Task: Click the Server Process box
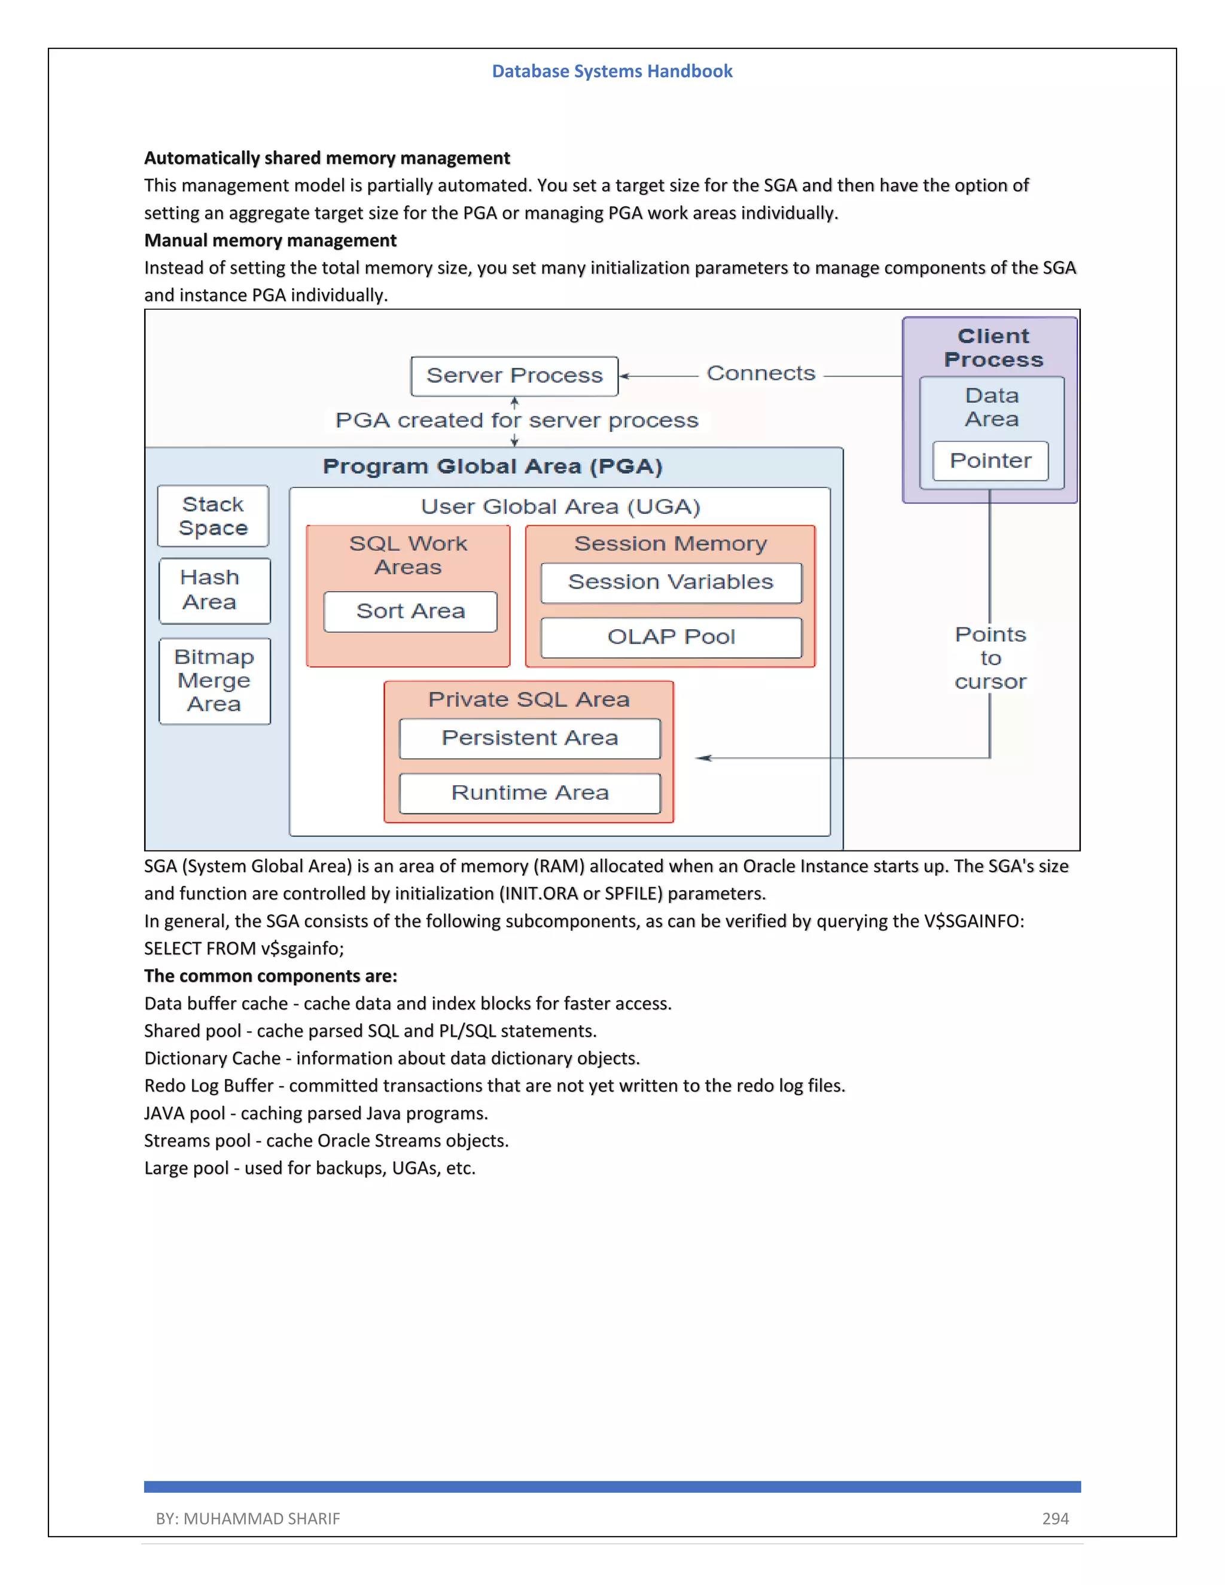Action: pyautogui.click(x=514, y=376)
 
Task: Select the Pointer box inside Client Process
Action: pyautogui.click(x=990, y=461)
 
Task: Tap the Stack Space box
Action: pyautogui.click(x=212, y=516)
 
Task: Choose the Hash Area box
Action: pyautogui.click(x=214, y=590)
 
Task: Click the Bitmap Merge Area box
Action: pyautogui.click(x=214, y=681)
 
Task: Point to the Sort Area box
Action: pyautogui.click(x=410, y=612)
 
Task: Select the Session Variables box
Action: pyautogui.click(x=671, y=583)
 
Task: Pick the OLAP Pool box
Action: pyautogui.click(x=671, y=637)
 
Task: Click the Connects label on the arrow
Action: pyautogui.click(x=761, y=374)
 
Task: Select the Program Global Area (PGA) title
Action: pyautogui.click(x=492, y=467)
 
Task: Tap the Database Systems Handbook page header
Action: pyautogui.click(x=612, y=71)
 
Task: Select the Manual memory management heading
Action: pyautogui.click(x=270, y=240)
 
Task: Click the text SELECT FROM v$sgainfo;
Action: pyautogui.click(x=244, y=949)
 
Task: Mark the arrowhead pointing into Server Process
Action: pyautogui.click(x=623, y=376)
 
